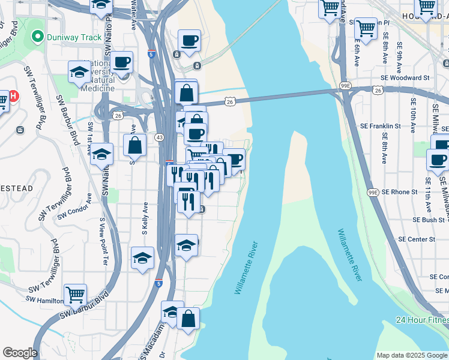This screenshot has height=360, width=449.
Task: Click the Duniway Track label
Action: [75, 37]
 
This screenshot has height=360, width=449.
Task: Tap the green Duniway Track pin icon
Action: [37, 37]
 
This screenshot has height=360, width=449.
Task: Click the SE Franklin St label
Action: [380, 127]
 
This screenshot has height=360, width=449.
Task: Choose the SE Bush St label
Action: [428, 220]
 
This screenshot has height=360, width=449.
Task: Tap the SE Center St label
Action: [417, 239]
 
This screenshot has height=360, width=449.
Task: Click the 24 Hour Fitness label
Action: [421, 320]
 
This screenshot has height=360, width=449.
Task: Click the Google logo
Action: [19, 353]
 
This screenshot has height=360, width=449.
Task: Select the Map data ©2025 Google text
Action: [411, 355]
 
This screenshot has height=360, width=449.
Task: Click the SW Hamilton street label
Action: [45, 299]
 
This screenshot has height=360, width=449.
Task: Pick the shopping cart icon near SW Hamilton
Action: [76, 294]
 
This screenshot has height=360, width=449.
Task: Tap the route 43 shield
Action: [159, 137]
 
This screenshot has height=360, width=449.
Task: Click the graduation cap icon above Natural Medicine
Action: [79, 73]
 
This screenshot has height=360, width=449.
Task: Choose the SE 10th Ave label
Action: [412, 115]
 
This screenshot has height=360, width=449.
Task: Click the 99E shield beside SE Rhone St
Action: [372, 192]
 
